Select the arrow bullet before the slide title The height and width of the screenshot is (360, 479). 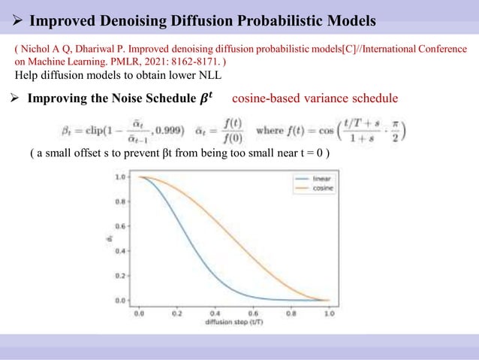click(18, 19)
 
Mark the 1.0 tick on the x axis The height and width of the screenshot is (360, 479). click(329, 313)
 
